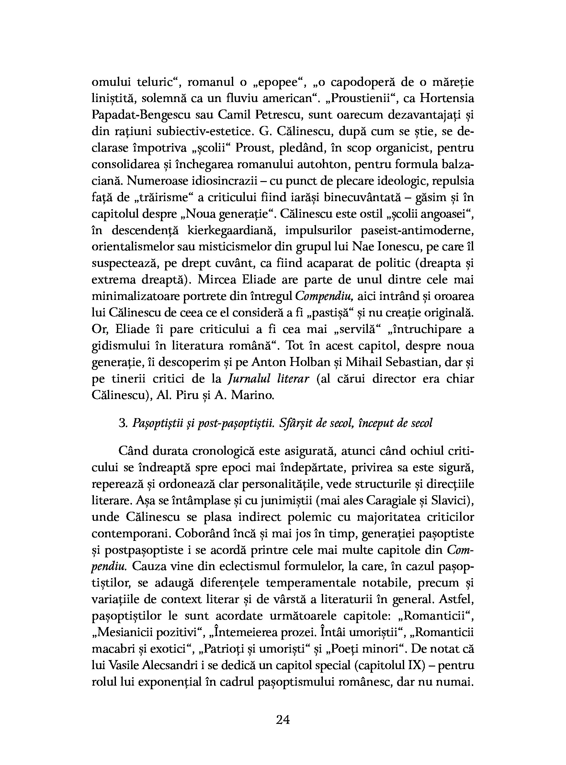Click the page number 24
tap(283, 719)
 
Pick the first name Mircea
tap(220, 280)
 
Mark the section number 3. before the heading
tap(123, 424)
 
